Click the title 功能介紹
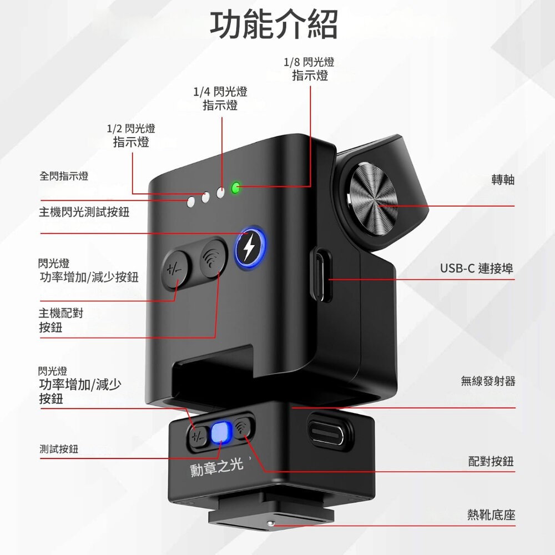pyautogui.click(x=274, y=25)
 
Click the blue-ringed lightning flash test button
pyautogui.click(x=248, y=247)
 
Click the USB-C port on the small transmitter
pyautogui.click(x=326, y=431)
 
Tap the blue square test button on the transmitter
pyautogui.click(x=220, y=432)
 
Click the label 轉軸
pyautogui.click(x=503, y=180)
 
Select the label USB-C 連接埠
pyautogui.click(x=477, y=269)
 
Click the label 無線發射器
pyautogui.click(x=488, y=381)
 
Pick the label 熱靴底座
pyautogui.click(x=491, y=515)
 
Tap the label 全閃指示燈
pyautogui.click(x=64, y=176)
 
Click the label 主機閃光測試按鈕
pyautogui.click(x=84, y=212)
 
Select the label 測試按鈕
pyautogui.click(x=59, y=449)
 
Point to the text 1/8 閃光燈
pyautogui.click(x=309, y=63)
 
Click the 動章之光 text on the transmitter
pyautogui.click(x=217, y=467)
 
